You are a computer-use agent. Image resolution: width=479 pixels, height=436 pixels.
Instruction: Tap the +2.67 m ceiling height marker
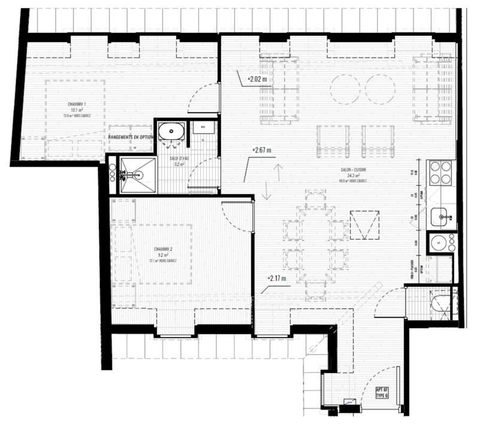262,150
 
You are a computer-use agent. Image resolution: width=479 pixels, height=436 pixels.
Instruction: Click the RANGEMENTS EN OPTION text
131,137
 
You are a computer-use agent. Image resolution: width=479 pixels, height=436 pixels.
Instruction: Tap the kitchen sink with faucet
441,215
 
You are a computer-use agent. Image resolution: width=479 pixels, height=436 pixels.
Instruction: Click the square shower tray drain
134,175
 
